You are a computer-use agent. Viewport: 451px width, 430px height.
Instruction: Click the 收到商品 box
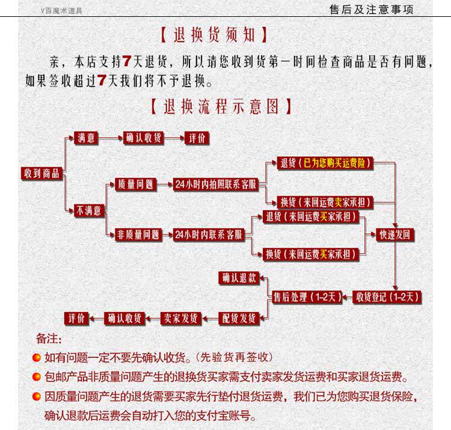coord(42,173)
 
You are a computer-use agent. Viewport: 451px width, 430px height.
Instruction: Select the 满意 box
coord(86,138)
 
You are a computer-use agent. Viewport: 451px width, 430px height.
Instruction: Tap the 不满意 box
coord(89,210)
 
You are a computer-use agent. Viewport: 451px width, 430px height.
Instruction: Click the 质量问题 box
coord(135,185)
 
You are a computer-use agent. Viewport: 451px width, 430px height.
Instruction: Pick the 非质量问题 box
coord(138,235)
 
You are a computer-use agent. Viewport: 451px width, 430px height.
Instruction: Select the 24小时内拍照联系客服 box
coord(215,185)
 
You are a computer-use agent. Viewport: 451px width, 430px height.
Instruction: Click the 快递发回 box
coord(395,235)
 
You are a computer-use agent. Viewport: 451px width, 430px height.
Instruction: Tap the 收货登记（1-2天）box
coord(387,297)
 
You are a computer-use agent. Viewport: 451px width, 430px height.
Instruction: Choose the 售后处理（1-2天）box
coord(307,297)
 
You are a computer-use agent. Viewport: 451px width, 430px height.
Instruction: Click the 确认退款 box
coord(239,278)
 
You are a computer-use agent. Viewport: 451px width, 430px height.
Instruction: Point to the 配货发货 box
coord(239,318)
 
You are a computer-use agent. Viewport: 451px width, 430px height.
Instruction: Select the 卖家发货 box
coord(180,318)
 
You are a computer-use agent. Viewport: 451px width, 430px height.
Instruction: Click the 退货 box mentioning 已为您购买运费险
coord(325,163)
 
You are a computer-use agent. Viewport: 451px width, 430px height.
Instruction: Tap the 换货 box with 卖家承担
coord(325,202)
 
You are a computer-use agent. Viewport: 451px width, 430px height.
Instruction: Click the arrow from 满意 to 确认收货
coord(111,138)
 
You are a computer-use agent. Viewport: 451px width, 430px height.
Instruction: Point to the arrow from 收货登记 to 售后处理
coord(348,297)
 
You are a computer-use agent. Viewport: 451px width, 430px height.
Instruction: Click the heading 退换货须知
coord(214,35)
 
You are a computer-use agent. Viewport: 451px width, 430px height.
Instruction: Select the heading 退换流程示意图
coord(221,106)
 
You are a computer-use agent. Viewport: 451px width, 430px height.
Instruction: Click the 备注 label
coord(49,339)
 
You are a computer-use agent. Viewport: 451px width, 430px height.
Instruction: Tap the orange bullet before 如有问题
coord(37,357)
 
